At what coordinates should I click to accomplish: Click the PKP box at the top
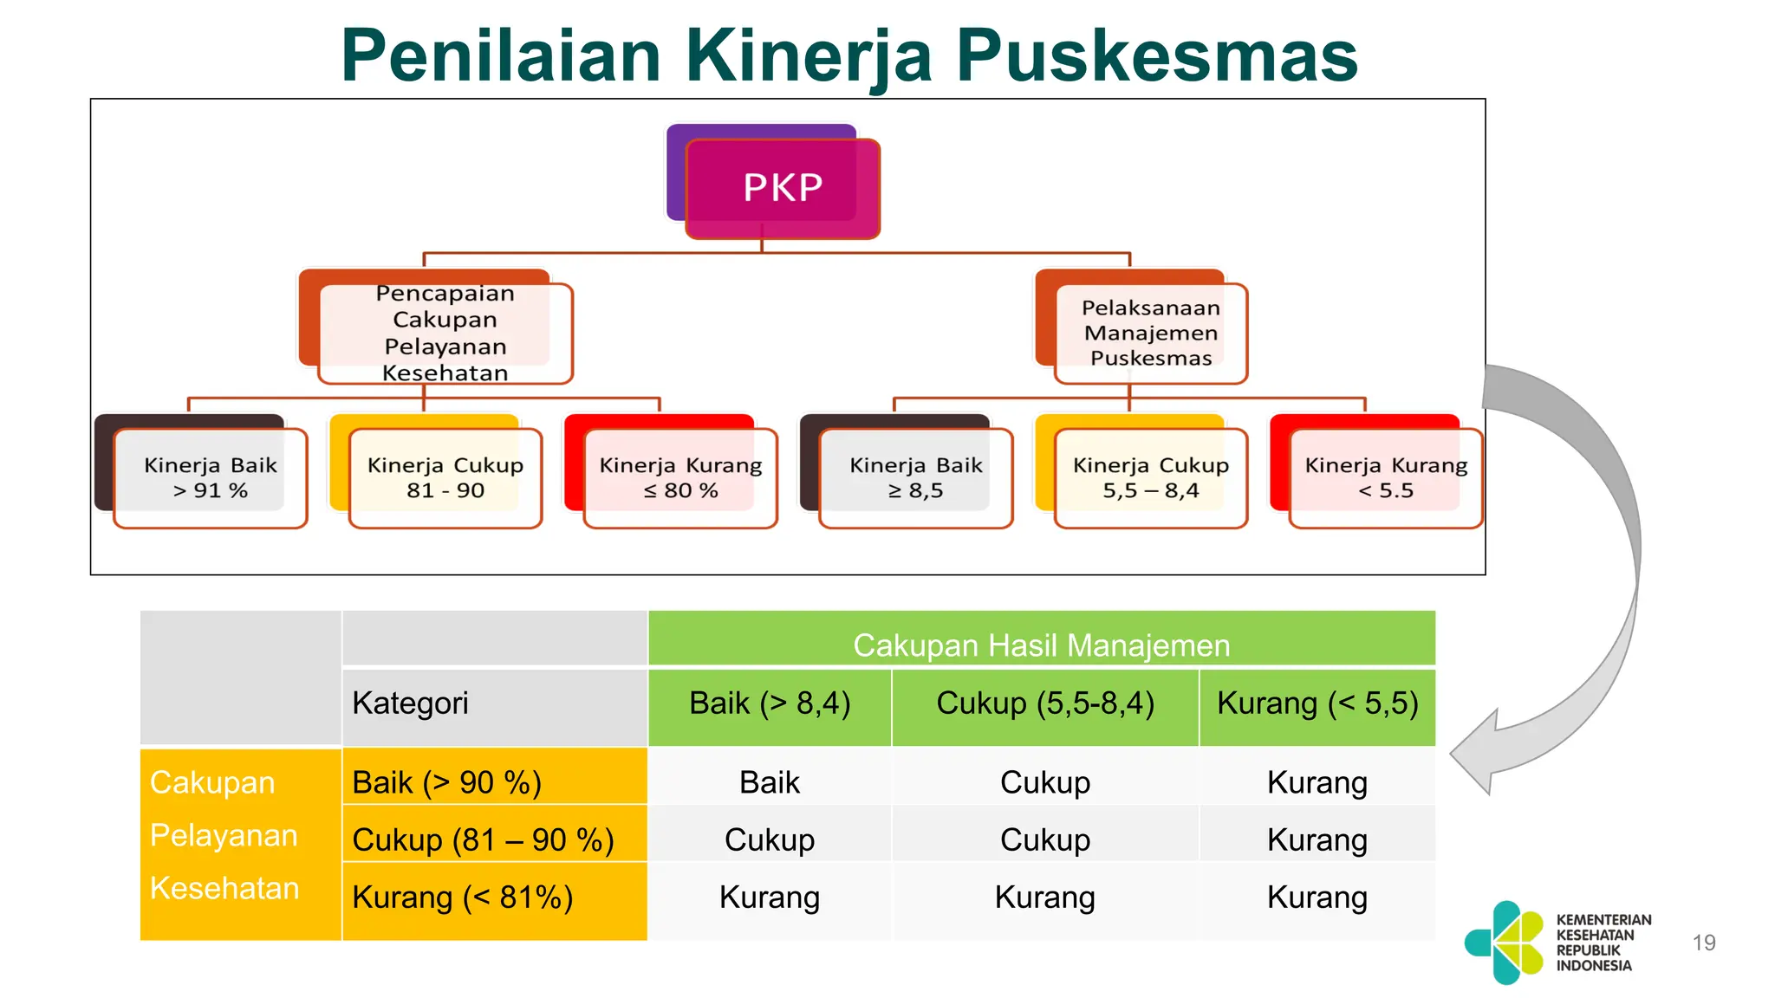[x=783, y=188]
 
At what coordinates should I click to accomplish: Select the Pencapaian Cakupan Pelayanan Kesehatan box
[x=445, y=334]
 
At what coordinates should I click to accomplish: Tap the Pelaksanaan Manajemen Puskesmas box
[x=1150, y=334]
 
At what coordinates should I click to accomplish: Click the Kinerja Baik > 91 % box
[x=211, y=478]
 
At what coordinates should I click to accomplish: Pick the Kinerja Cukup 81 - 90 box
[x=445, y=478]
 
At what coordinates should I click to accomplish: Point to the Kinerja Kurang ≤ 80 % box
[x=680, y=478]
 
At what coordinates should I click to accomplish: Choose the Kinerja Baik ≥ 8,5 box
[x=916, y=478]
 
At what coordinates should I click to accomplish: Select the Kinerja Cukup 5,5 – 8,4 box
[x=1151, y=478]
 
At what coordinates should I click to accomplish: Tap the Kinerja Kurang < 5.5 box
[x=1386, y=478]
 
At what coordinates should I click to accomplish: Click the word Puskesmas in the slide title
[x=1157, y=55]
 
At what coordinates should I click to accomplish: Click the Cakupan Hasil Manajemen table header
[x=1041, y=645]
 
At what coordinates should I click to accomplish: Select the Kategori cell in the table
[x=410, y=703]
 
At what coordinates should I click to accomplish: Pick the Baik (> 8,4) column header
[x=770, y=703]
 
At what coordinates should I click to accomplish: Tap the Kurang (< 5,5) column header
[x=1317, y=703]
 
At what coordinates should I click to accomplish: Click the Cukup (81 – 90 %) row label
[x=483, y=839]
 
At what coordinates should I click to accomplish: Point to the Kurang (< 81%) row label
[x=463, y=898]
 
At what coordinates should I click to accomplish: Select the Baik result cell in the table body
[x=770, y=782]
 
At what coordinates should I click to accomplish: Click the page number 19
[x=1704, y=943]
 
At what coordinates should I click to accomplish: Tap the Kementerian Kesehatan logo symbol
[x=1505, y=943]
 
